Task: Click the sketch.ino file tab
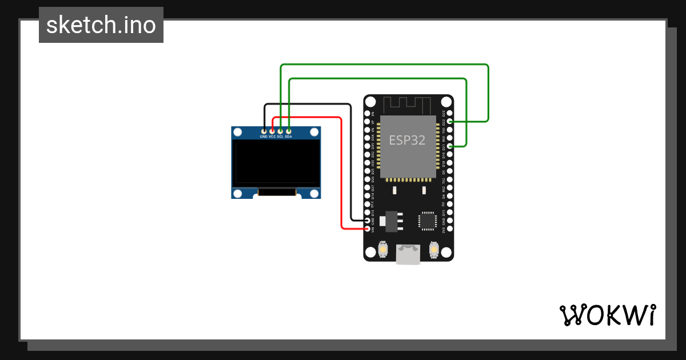(x=101, y=25)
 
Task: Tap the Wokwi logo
(x=607, y=315)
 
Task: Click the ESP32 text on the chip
(x=407, y=140)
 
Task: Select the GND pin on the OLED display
(x=264, y=131)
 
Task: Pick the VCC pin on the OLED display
(x=272, y=131)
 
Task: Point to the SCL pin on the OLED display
(x=280, y=131)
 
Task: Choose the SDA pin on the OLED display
(x=289, y=131)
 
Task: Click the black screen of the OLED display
(x=276, y=163)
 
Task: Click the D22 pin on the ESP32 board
(x=450, y=122)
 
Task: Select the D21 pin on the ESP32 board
(x=450, y=146)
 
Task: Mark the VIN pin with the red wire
(x=368, y=229)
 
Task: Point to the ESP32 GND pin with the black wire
(x=368, y=221)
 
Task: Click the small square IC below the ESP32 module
(x=427, y=221)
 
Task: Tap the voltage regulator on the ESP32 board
(x=392, y=221)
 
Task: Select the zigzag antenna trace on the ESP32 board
(x=406, y=105)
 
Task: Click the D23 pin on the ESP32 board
(x=450, y=113)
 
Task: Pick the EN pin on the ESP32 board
(x=368, y=113)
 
